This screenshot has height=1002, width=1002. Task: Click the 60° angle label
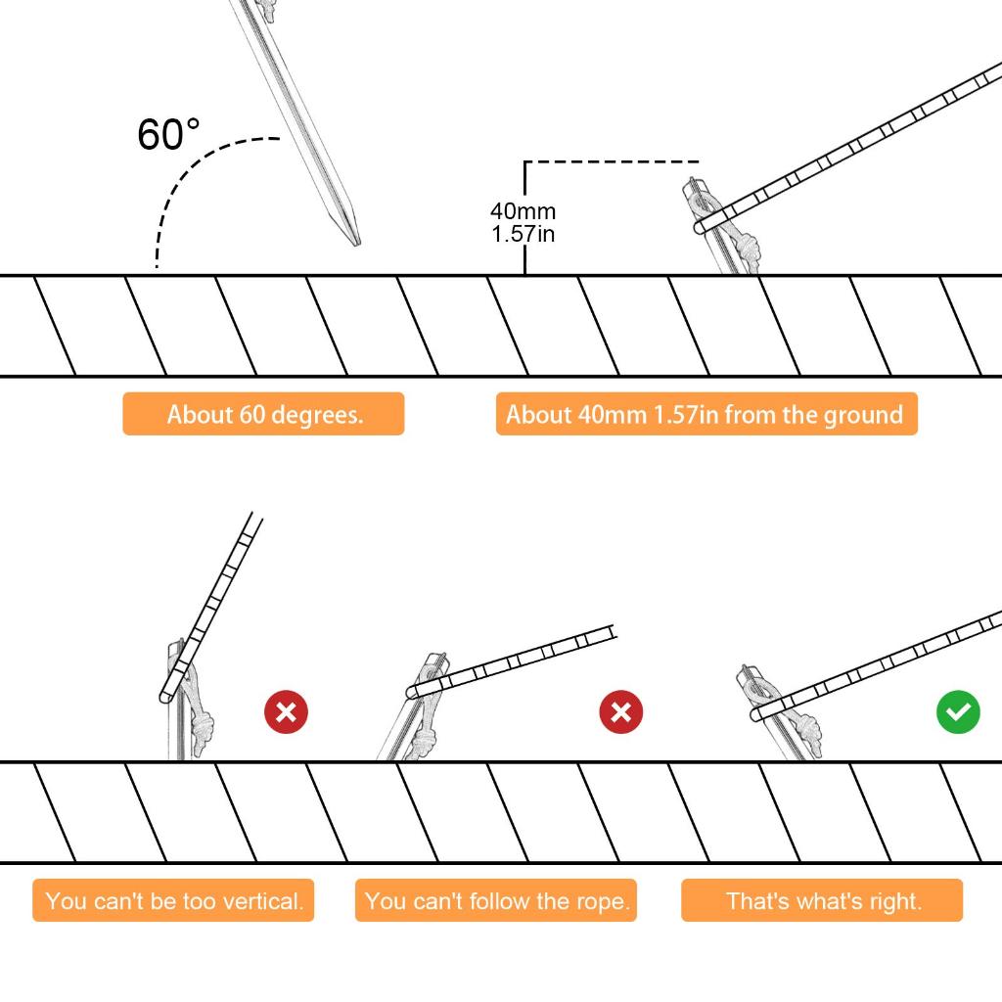click(168, 134)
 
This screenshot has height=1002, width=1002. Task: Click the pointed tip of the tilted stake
click(355, 241)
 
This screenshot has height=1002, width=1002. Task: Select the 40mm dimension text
click(523, 211)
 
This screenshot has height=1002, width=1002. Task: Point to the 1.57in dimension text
click(523, 234)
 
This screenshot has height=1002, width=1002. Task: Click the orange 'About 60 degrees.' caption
click(263, 414)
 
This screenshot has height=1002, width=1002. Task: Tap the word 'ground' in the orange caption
click(862, 415)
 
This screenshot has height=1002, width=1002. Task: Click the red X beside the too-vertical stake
click(286, 711)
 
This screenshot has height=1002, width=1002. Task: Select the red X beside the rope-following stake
click(620, 711)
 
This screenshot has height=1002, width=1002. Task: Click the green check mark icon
click(958, 711)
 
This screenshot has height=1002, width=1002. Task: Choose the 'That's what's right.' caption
click(822, 900)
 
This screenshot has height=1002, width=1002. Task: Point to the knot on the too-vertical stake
click(203, 729)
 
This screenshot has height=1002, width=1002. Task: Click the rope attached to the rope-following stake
click(528, 658)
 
